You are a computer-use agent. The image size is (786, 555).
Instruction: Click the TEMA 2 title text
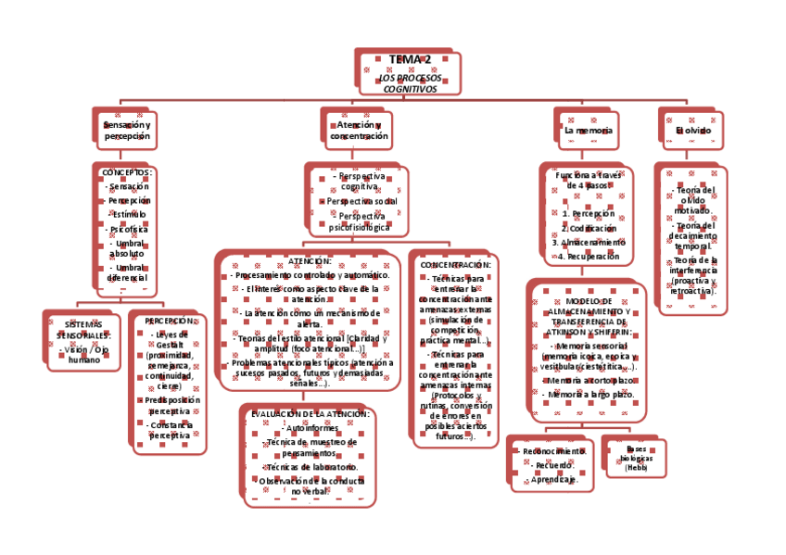point(409,60)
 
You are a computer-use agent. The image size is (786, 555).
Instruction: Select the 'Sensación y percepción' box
point(127,130)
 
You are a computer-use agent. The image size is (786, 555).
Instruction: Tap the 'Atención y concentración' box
point(359,130)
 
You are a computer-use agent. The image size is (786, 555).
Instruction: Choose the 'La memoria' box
point(588,131)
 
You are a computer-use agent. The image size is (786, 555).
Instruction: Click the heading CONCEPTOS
point(127,172)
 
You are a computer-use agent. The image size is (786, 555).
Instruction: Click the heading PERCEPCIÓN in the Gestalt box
point(170,322)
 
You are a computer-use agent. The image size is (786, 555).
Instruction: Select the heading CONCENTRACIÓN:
point(456,265)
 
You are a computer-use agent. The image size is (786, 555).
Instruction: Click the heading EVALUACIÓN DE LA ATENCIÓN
point(310,414)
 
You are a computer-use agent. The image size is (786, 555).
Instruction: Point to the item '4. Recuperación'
point(589,256)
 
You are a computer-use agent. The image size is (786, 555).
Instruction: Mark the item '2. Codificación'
point(589,228)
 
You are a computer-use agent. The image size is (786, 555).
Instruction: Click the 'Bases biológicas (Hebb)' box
point(636,458)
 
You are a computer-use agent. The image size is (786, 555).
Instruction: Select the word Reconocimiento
point(553,451)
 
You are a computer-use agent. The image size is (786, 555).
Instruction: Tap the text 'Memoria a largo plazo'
point(589,395)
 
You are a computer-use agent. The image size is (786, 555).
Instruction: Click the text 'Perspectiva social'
point(361,201)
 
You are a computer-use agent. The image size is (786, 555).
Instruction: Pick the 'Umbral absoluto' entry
point(127,247)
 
